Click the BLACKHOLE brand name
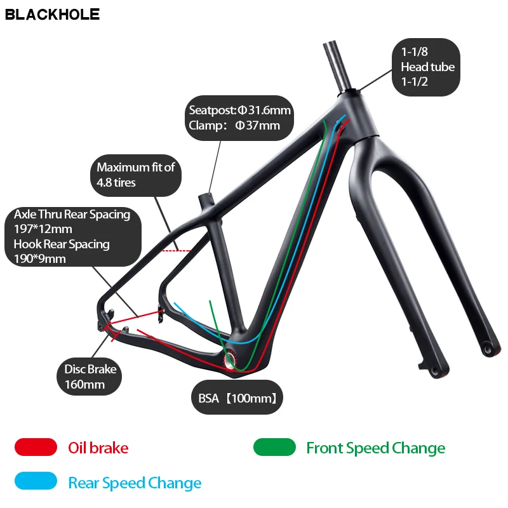52,14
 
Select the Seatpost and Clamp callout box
239,118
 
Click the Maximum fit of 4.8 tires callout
136,175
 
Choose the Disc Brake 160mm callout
91,377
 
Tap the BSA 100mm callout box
236,399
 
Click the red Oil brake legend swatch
36,447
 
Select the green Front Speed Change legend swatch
274,447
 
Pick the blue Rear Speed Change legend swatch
36,482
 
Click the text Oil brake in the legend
98,448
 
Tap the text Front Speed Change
375,448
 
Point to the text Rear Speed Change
135,483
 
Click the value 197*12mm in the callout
43,229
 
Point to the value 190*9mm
40,258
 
